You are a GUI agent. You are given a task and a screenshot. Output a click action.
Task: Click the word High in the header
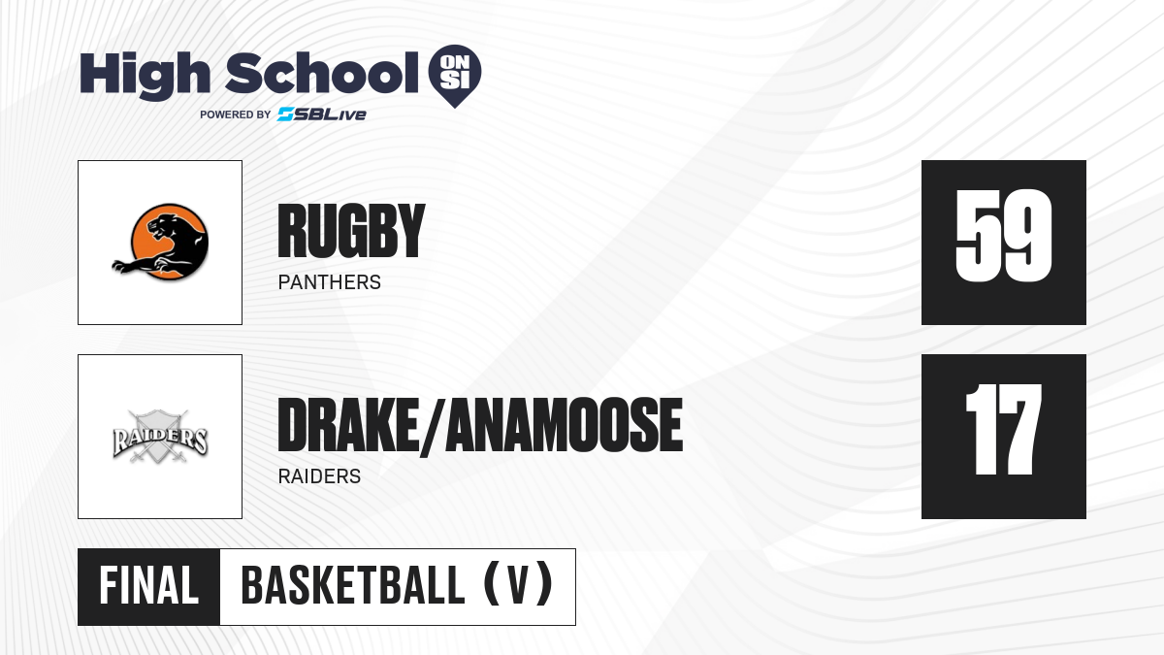(145, 75)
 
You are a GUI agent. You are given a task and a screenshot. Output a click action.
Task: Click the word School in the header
(322, 72)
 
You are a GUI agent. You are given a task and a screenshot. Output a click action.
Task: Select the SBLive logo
(322, 115)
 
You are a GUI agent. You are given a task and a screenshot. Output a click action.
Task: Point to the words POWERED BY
(236, 115)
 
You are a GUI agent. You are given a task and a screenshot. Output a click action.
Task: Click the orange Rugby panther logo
(161, 242)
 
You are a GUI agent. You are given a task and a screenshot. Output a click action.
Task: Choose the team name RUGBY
(351, 231)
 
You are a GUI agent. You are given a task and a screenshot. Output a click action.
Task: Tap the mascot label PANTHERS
(330, 282)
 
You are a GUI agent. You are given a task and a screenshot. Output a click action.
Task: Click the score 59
(1003, 236)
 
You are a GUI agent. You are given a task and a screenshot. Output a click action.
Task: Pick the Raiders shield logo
(160, 437)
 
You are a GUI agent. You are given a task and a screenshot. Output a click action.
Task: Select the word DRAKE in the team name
(348, 425)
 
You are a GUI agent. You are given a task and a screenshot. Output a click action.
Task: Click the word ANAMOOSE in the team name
(565, 425)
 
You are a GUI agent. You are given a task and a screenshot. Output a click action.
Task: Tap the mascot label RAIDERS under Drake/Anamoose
(319, 476)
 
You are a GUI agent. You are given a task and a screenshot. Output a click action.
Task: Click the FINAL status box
(149, 587)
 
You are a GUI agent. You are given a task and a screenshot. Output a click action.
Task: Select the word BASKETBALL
(353, 585)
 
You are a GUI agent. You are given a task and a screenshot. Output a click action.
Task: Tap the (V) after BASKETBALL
(518, 584)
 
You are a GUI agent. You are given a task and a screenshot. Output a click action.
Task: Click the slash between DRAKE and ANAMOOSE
(433, 426)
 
